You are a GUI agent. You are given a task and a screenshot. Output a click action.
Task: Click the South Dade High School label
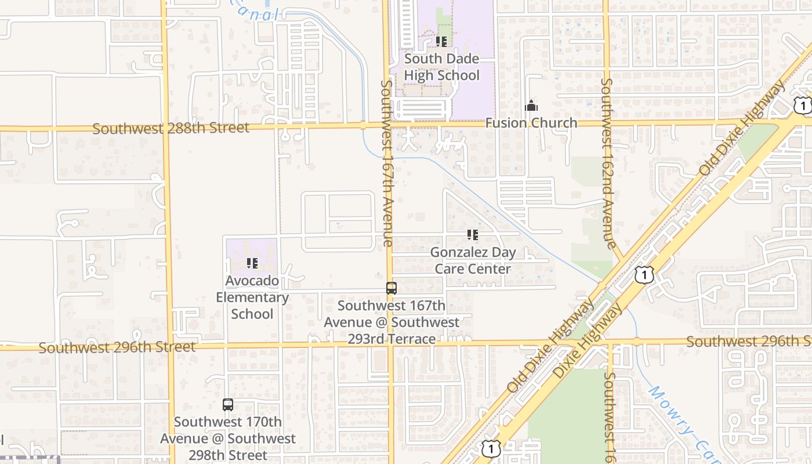point(441,67)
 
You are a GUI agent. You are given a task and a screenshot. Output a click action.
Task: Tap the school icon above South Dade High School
point(441,42)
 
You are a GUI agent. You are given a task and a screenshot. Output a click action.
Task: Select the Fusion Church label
point(531,123)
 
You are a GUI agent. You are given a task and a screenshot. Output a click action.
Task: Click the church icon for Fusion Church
point(531,106)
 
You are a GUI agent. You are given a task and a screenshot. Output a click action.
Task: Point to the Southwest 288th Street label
point(171,128)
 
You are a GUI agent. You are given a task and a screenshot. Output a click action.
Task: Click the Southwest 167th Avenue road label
point(387,163)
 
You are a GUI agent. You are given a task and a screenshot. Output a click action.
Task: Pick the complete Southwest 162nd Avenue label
point(607,164)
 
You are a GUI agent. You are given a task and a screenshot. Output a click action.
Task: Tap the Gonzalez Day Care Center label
point(473,260)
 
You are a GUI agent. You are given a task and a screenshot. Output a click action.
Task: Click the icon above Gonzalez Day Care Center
point(473,235)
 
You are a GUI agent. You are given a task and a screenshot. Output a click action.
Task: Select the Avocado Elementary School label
point(252,297)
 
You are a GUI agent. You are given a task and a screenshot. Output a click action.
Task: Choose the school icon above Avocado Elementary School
point(252,263)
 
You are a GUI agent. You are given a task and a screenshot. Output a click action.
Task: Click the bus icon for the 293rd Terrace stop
point(391,288)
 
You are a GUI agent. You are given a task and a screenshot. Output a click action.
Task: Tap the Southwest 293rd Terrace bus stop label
point(391,322)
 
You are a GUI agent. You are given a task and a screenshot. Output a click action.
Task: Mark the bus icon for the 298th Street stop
point(228,405)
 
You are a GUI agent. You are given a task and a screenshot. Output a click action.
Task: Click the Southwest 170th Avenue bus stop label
point(228,438)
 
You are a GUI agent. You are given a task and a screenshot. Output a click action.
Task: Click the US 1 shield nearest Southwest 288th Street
point(803,105)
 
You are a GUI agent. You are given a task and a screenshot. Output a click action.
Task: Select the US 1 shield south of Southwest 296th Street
point(491,448)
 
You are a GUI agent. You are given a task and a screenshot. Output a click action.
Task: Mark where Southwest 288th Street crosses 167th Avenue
point(386,124)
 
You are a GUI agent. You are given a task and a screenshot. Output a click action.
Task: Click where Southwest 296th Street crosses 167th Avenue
point(390,345)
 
